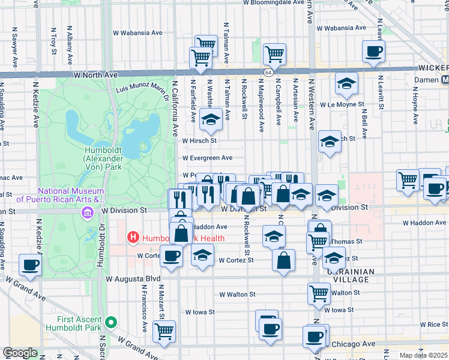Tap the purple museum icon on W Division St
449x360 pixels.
pyautogui.click(x=88, y=212)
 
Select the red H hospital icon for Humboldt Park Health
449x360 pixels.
pyautogui.click(x=133, y=238)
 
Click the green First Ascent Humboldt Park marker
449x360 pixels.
pyautogui.click(x=110, y=323)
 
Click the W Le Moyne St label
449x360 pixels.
pyautogui.click(x=343, y=104)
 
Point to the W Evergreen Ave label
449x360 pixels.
pyautogui.click(x=207, y=158)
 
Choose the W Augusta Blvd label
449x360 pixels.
pyautogui.click(x=133, y=278)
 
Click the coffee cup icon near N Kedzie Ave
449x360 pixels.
pyautogui.click(x=30, y=264)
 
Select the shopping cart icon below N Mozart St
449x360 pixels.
pyautogui.click(x=164, y=331)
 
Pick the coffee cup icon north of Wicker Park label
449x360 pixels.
pyautogui.click(x=373, y=52)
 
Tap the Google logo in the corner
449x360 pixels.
pyautogui.click(x=20, y=353)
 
